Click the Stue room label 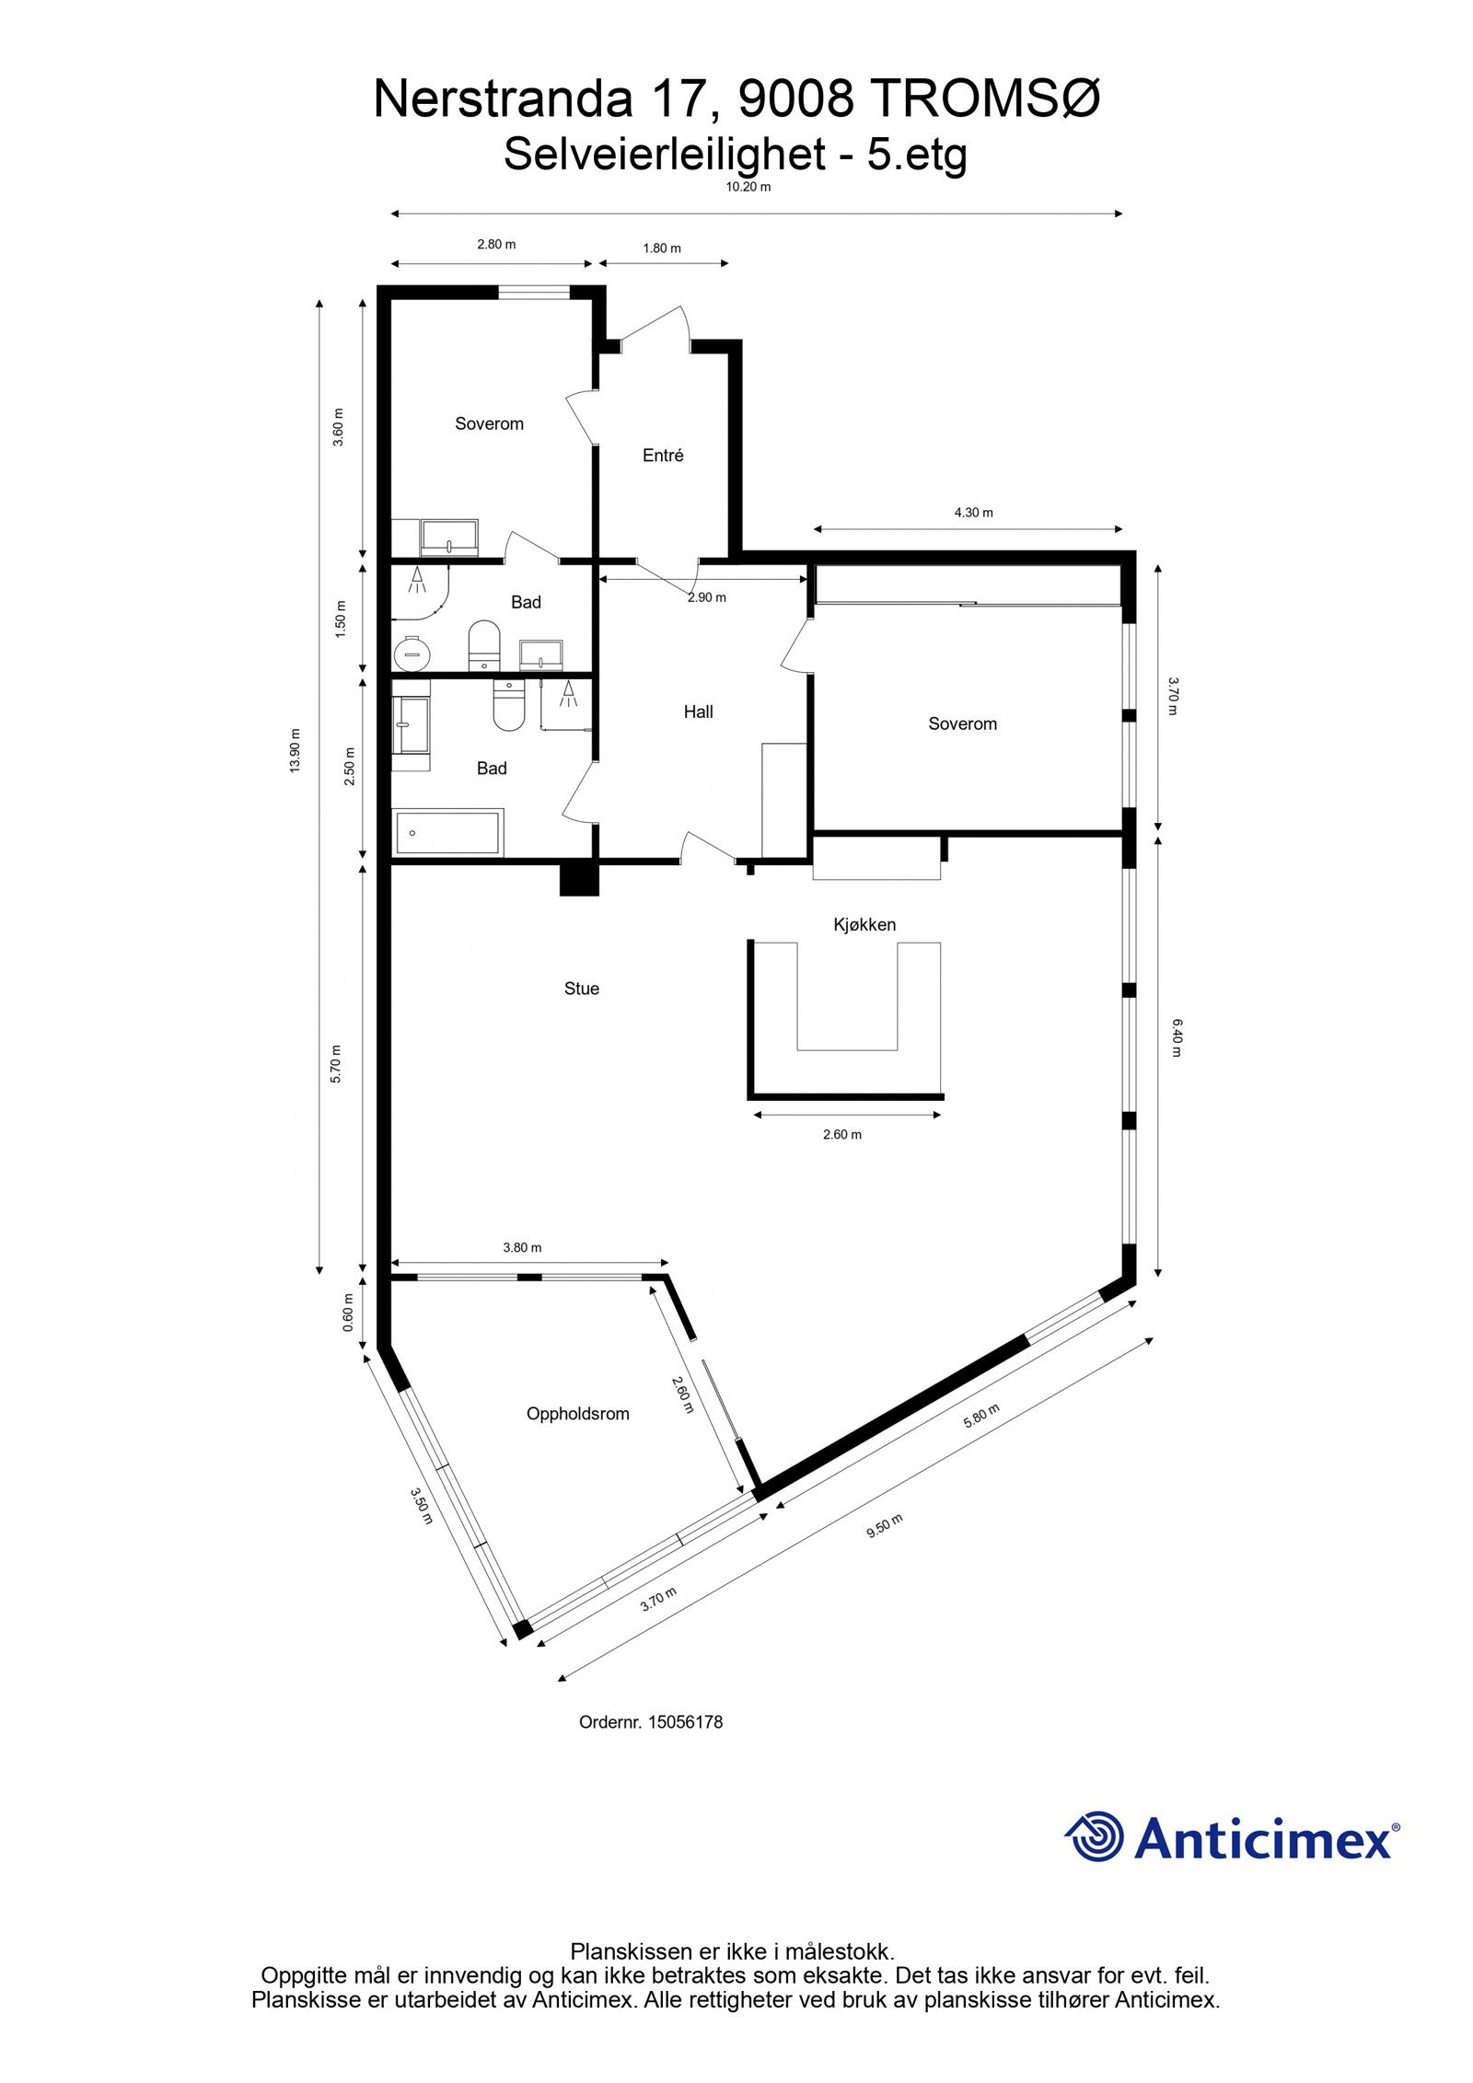[x=581, y=989]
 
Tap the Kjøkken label [x=864, y=924]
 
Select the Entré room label [x=663, y=455]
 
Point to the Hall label [x=698, y=712]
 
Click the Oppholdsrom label [x=577, y=1414]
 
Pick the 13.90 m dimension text [x=296, y=750]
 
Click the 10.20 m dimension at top [x=748, y=187]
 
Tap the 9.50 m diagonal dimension [x=885, y=1525]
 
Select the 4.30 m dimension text [x=973, y=513]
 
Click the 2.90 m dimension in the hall [x=706, y=597]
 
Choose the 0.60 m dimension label [x=348, y=1319]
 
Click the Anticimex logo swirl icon [x=1096, y=1837]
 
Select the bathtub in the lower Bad [x=447, y=833]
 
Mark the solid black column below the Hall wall [x=579, y=877]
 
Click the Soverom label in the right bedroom [x=962, y=723]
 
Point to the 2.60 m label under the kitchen [x=841, y=1135]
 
